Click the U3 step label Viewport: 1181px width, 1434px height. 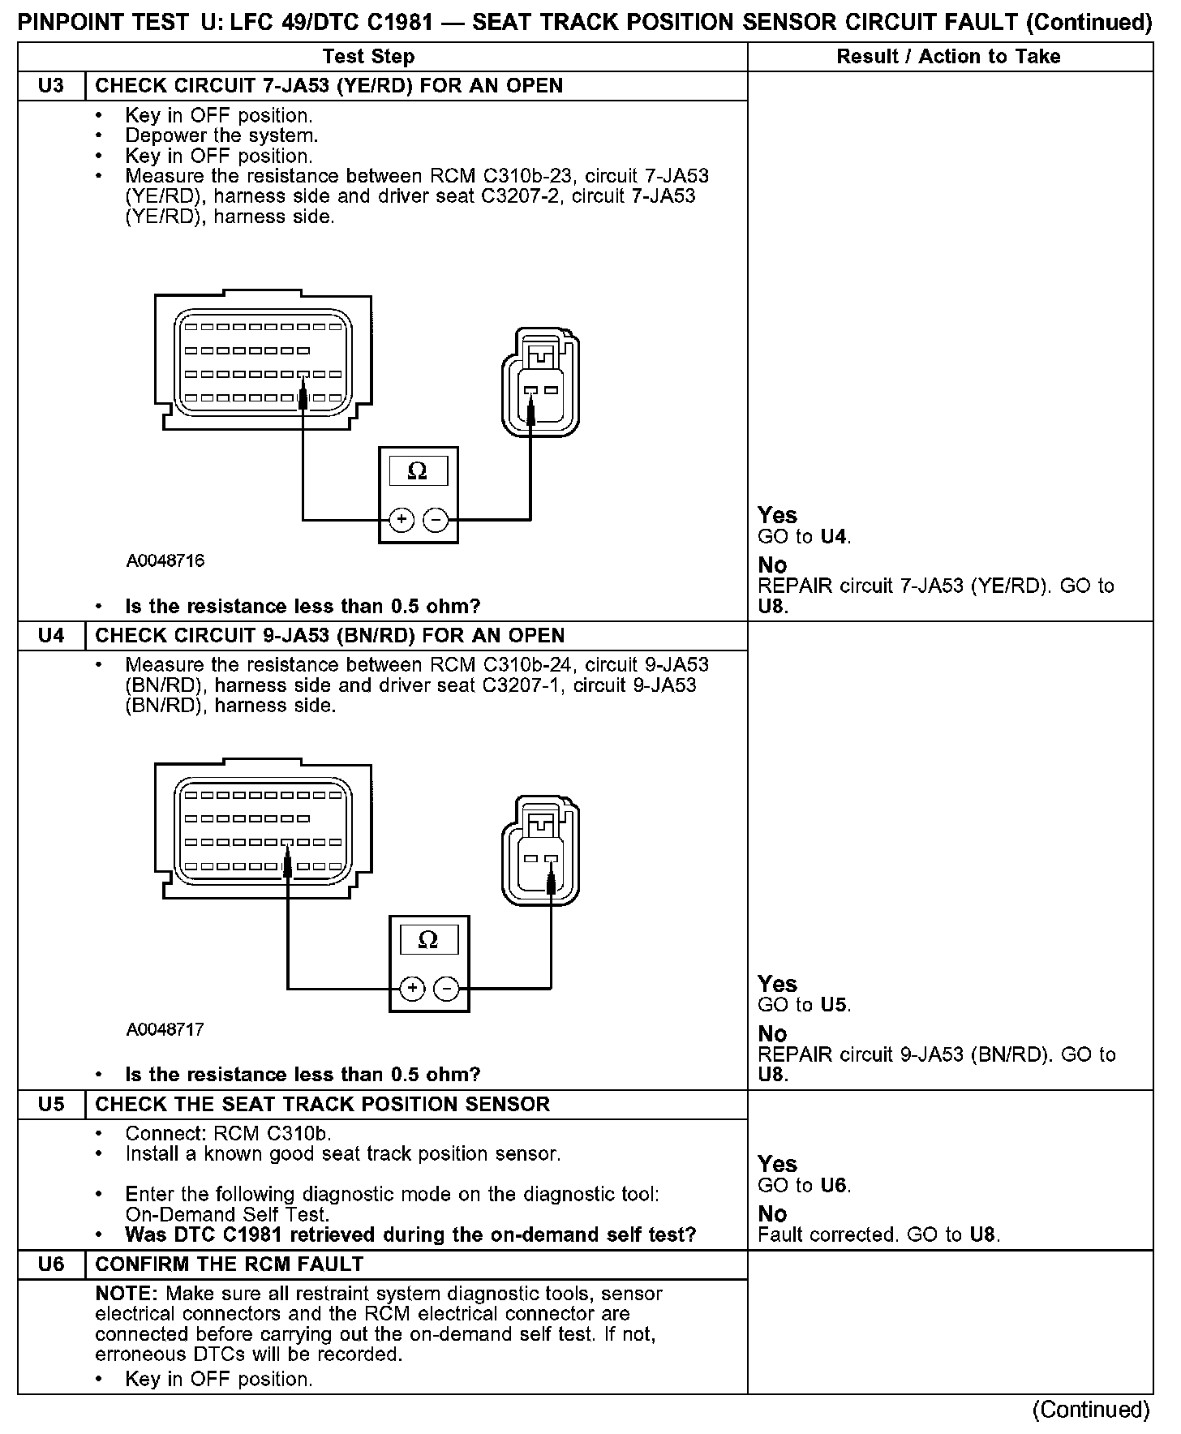tap(51, 86)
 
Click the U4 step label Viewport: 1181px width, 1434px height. tap(51, 636)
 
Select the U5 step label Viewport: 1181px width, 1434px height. tap(51, 1105)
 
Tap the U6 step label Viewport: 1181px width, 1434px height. tap(51, 1264)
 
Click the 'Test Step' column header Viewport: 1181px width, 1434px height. tap(368, 57)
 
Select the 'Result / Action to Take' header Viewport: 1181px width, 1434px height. tap(948, 57)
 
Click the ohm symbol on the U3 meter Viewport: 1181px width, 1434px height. tap(418, 471)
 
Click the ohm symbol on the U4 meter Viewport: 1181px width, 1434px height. tap(428, 940)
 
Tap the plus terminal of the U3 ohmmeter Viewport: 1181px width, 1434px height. tap(402, 519)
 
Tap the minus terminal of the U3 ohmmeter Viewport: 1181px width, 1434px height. tap(436, 519)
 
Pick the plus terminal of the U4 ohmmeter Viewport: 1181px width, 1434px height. tap(412, 988)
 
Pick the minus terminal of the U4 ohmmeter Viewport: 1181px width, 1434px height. tap(447, 988)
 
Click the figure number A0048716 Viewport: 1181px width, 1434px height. tap(165, 561)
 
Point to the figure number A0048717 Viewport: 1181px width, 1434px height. tap(165, 1030)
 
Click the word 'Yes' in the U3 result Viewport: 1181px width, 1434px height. tap(777, 515)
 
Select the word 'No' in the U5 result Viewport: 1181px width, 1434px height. tap(772, 1214)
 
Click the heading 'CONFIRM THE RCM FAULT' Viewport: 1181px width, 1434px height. tap(230, 1264)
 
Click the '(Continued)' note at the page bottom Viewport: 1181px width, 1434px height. tap(1091, 1410)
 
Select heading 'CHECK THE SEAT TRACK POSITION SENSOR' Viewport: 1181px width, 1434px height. tap(323, 1105)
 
